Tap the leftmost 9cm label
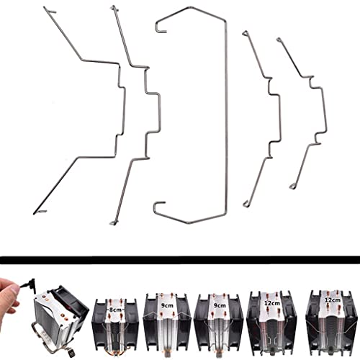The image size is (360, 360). point(166,306)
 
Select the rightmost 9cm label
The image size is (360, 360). point(220,305)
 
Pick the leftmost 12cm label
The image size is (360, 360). point(271,303)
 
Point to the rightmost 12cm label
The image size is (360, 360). point(333,300)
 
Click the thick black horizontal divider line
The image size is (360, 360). point(180,260)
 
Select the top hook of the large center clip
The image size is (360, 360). point(161,27)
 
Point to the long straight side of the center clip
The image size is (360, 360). point(226,115)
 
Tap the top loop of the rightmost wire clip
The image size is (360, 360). point(279,40)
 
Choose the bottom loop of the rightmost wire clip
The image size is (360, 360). point(292,186)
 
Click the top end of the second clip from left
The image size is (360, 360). point(113,8)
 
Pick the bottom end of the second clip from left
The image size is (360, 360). point(113,223)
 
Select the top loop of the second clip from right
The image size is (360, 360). point(245,32)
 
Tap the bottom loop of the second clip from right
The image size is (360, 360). point(246,204)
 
